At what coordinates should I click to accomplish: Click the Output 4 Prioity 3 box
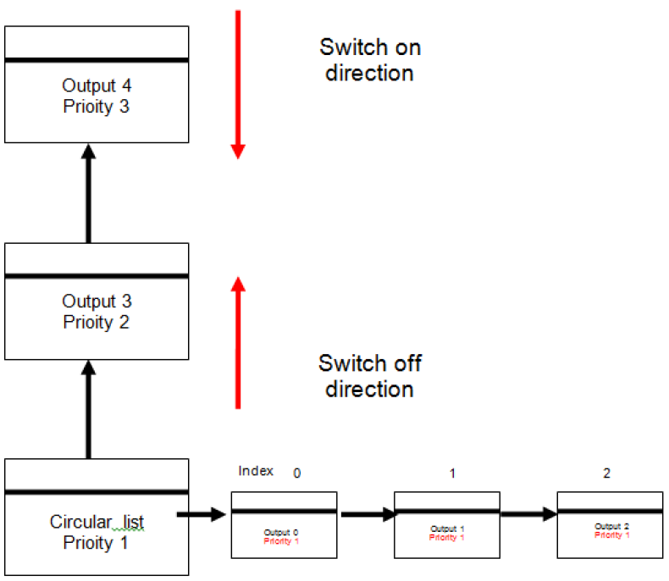point(97,85)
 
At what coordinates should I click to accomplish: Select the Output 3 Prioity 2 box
point(97,302)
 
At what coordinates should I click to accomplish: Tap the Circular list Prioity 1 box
point(97,517)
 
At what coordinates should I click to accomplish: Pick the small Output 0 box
point(285,525)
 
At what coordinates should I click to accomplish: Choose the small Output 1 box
point(447,525)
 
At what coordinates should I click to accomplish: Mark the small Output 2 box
point(610,525)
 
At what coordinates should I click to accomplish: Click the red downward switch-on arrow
point(238,85)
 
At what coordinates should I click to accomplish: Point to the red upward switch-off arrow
point(238,342)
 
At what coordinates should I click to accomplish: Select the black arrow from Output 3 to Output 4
point(88,193)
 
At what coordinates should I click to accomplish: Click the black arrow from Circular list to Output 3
point(88,410)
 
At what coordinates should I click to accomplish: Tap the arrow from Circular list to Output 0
point(202,514)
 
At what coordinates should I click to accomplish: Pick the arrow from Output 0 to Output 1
point(368,514)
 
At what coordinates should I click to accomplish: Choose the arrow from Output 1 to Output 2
point(529,514)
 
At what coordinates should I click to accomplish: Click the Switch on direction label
point(370,60)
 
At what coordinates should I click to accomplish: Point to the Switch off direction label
point(370,376)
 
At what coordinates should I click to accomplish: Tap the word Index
point(256,471)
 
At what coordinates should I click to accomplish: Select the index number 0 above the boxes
point(297,473)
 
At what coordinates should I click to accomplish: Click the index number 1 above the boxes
point(452,473)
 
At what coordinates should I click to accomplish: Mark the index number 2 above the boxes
point(606,473)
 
